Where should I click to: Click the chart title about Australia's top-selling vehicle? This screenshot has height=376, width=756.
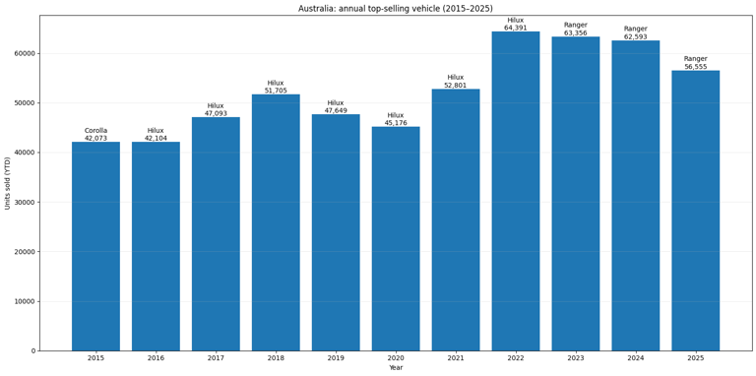coord(395,9)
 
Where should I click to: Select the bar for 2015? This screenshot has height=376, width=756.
coord(95,246)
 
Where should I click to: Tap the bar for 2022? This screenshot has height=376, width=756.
coord(516,191)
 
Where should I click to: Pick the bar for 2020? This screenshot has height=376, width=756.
coord(396,238)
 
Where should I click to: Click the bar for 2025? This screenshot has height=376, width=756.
coord(695,211)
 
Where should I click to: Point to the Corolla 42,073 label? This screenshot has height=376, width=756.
coord(95,135)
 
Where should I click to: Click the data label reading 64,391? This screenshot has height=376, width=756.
coord(516,28)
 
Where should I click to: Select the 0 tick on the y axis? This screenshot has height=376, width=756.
coord(32,350)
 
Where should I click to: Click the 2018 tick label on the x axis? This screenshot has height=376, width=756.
coord(276,358)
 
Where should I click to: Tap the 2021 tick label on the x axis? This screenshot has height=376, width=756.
coord(456,358)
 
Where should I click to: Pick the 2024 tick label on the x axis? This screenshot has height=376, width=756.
coord(635,358)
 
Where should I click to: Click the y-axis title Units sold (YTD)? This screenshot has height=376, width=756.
coord(8,183)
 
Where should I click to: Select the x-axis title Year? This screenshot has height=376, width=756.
coord(396,368)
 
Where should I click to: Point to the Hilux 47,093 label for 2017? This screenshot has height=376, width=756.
coord(216,109)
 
